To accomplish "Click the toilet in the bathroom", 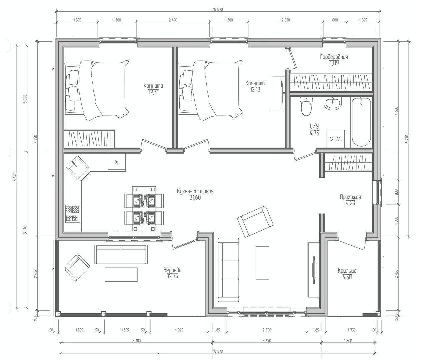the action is click(306, 106).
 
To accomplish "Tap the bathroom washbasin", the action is click(332, 103).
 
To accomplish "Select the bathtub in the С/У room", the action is click(361, 122).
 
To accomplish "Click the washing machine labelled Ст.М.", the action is click(335, 139).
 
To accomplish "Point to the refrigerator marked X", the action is click(117, 162).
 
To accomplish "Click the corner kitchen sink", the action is click(78, 167).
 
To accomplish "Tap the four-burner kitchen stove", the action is click(73, 213).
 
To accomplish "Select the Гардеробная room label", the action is click(334, 57).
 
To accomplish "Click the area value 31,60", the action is click(195, 197).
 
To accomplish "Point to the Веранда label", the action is click(172, 270).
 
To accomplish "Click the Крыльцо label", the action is click(347, 271).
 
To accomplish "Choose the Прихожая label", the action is click(350, 197).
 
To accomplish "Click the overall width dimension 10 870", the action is click(218, 9).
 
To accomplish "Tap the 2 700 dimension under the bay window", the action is click(267, 330).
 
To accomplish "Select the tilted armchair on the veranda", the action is click(77, 268).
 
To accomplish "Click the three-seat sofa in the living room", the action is click(228, 270).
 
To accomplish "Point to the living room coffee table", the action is click(262, 263).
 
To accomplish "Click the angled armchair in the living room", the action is click(255, 221).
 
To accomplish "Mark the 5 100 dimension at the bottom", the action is click(136, 341).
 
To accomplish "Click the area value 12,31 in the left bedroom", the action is click(153, 92).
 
